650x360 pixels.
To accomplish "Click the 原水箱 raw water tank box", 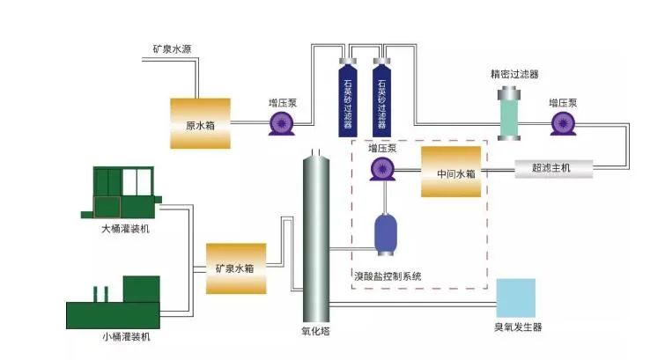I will click(200, 124).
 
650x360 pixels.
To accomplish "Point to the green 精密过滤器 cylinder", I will click(510, 113).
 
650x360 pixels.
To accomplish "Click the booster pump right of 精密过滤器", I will click(561, 124).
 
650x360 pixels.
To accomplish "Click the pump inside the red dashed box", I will click(380, 168).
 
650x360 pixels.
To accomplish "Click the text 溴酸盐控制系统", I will click(388, 276).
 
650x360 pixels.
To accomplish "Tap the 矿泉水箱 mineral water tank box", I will click(235, 267).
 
